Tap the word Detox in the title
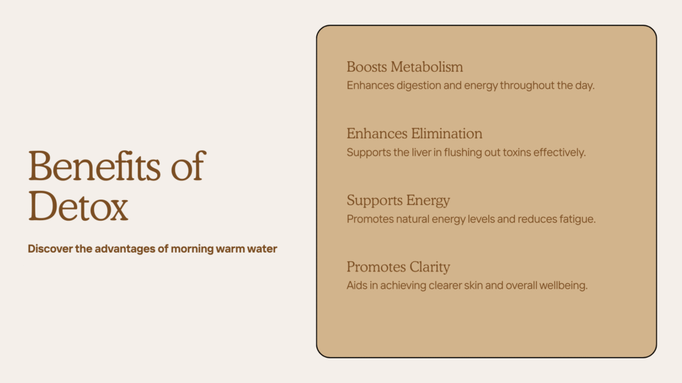79,206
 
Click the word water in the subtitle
262,249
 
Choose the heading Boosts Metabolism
404,67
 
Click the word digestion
418,86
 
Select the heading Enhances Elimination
414,133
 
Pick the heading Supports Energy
398,200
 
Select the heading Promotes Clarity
398,267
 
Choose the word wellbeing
563,286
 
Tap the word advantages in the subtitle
125,249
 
